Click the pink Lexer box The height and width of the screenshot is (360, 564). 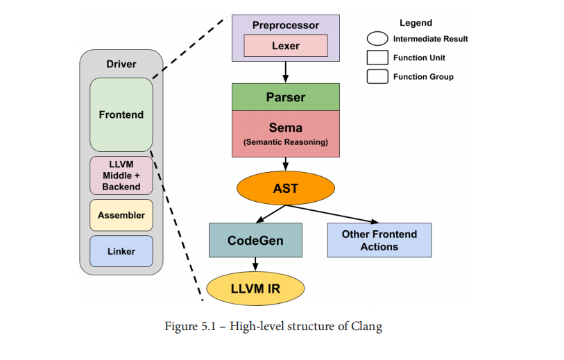285,45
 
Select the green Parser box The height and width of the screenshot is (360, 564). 285,97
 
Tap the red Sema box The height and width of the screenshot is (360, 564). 285,133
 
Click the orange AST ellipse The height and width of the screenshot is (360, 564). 285,188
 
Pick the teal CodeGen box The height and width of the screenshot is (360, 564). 255,241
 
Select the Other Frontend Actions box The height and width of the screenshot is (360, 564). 379,240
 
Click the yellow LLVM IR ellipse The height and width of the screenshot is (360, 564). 255,288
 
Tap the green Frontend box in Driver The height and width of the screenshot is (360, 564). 121,114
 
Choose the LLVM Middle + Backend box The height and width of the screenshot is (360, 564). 121,175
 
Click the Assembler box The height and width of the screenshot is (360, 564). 121,215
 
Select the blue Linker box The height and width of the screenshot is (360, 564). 121,251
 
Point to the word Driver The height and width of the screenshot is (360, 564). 121,65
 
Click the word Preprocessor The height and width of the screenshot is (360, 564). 285,26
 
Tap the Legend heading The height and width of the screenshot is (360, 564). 416,23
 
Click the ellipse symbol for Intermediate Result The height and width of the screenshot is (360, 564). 377,39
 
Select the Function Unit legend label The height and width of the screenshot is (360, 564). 419,58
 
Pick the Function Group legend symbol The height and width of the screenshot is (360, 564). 377,76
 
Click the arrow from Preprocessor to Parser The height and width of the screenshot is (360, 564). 285,72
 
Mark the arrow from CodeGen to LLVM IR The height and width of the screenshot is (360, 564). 255,265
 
